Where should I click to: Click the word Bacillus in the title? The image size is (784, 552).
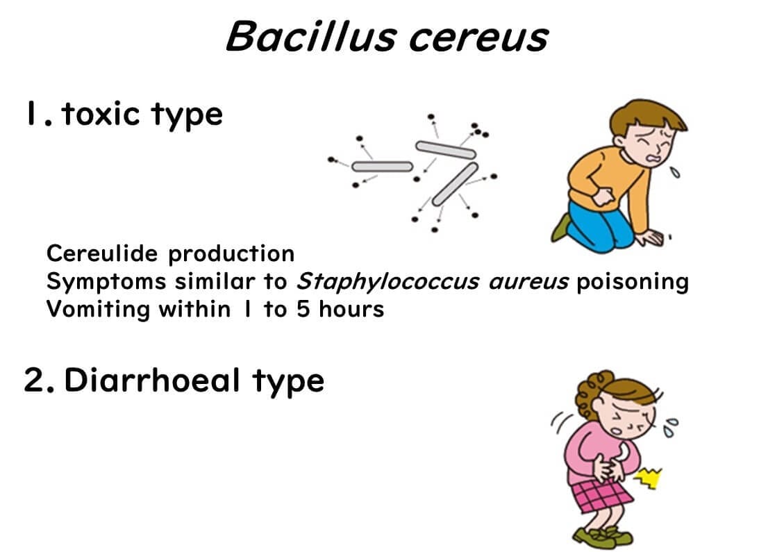(x=310, y=37)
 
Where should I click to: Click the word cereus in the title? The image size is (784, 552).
(x=478, y=39)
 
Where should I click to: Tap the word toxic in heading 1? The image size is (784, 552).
(x=101, y=114)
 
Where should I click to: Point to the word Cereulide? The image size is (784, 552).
(x=102, y=253)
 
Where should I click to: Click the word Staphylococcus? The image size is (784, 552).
(x=388, y=282)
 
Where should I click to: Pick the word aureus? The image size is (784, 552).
(x=528, y=282)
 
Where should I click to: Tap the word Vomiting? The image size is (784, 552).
(x=98, y=310)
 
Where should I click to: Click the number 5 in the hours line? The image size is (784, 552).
(x=303, y=309)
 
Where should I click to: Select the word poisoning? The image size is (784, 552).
(x=633, y=282)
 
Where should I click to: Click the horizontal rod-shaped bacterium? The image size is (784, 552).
(x=382, y=167)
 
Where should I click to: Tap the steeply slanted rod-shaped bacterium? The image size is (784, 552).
(x=455, y=183)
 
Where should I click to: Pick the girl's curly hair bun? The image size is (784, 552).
(x=590, y=393)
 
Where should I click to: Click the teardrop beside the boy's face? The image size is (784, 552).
(x=676, y=172)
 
